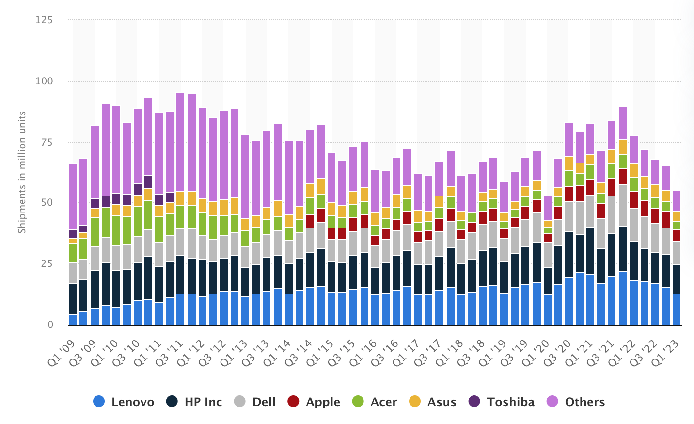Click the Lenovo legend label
click(x=132, y=402)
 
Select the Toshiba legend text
click(x=510, y=402)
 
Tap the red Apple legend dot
click(x=293, y=402)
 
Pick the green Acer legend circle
click(x=358, y=402)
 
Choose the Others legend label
click(x=584, y=402)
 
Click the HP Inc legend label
click(x=203, y=402)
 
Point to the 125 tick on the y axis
click(x=44, y=20)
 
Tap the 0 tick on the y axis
click(x=50, y=325)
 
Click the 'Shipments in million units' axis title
click(x=22, y=172)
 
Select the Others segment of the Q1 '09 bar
click(x=73, y=197)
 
